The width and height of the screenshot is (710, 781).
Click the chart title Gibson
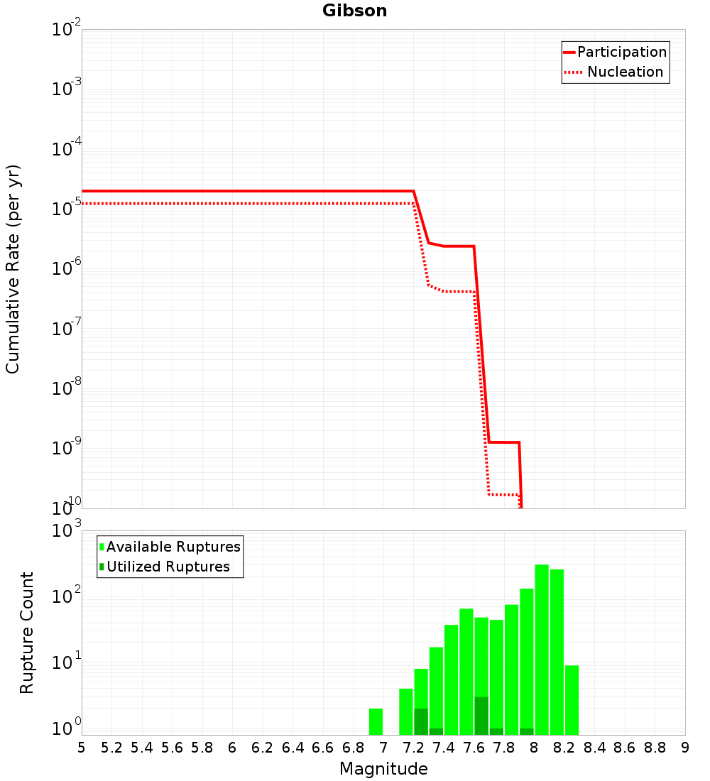click(354, 11)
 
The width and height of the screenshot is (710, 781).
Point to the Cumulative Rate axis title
click(13, 269)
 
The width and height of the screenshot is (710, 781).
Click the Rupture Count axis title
click(27, 633)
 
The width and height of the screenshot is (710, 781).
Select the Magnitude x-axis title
click(383, 769)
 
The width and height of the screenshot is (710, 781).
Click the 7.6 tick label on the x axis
click(474, 748)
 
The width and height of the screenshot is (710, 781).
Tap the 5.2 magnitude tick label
click(111, 748)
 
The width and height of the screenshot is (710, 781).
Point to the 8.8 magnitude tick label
click(655, 748)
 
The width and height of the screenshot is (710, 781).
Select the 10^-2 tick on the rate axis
click(67, 29)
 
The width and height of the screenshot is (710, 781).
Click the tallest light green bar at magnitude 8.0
click(542, 650)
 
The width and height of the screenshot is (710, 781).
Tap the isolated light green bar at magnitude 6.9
click(376, 721)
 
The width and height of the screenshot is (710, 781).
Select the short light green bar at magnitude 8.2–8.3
click(572, 699)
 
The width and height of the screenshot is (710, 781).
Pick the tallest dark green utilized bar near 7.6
click(481, 716)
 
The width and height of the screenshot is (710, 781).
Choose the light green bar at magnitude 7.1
click(405, 711)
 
